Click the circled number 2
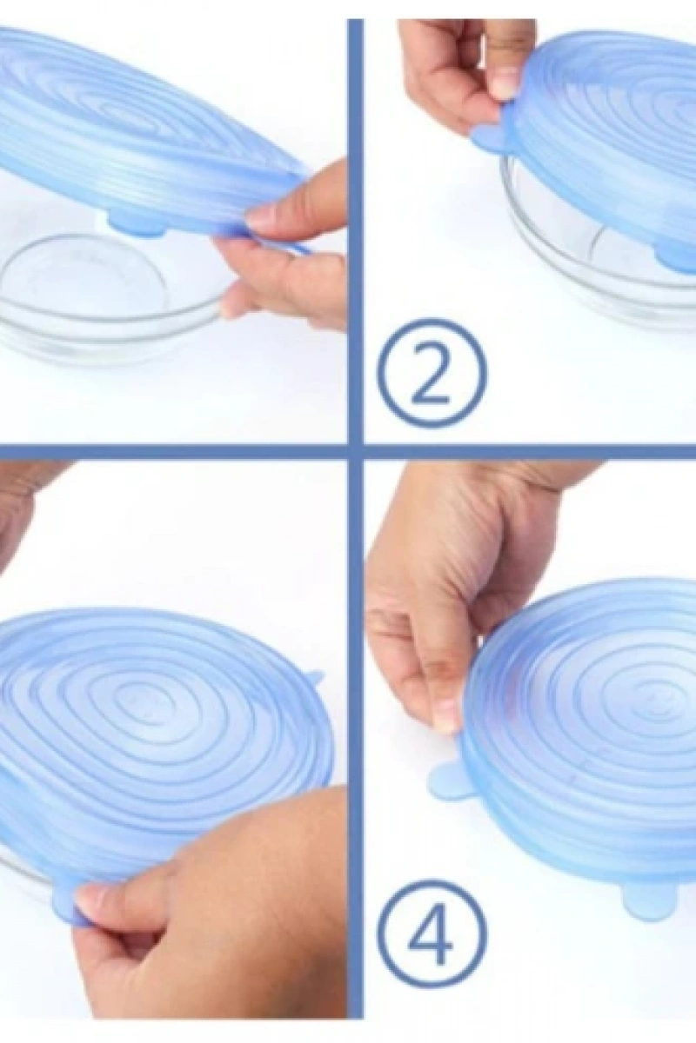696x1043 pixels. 432,373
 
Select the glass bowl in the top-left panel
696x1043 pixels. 107,298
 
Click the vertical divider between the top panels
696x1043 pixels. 356,231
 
